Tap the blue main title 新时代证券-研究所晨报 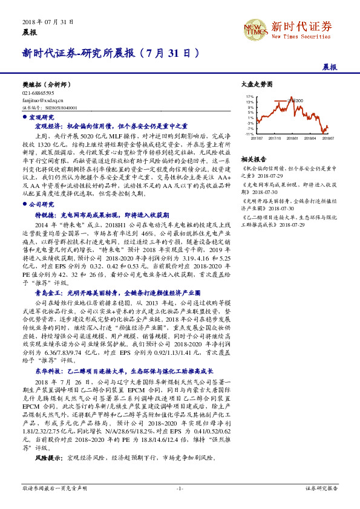coord(111,53)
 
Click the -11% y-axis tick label coord(249,134)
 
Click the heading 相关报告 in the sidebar coord(254,159)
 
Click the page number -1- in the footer coord(180,487)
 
